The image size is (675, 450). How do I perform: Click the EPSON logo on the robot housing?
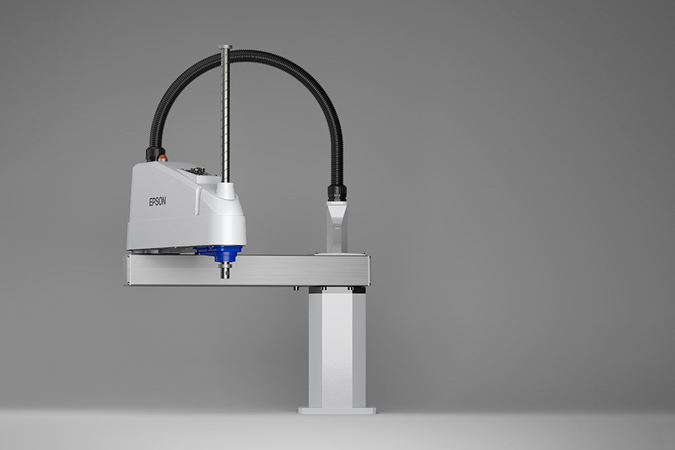coord(157,201)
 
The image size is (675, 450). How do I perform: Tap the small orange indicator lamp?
coord(162,158)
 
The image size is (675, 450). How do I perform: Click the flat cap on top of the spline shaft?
coord(226,46)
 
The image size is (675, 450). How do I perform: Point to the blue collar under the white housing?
coord(221,253)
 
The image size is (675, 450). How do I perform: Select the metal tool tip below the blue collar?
coord(225,271)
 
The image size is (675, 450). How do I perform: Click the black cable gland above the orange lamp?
coord(152,153)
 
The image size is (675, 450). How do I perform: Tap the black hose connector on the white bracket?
coord(337,193)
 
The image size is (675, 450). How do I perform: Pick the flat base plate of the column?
coord(337,411)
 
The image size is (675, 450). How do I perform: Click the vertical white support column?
coord(337,349)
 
